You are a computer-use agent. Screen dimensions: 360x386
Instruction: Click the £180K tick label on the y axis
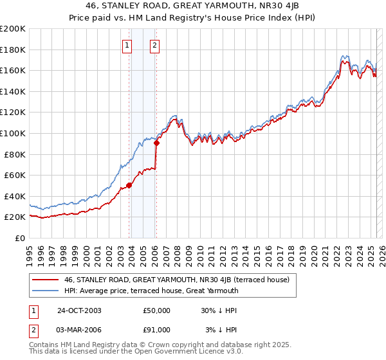point(13,50)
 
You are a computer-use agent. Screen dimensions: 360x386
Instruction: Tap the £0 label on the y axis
point(21,238)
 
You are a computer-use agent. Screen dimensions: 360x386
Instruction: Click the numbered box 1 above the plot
point(127,45)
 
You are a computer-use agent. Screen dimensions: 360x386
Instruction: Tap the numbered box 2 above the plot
point(156,45)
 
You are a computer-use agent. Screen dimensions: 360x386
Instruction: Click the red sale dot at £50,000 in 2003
point(129,185)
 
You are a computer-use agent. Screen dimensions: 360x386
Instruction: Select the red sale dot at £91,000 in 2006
point(156,143)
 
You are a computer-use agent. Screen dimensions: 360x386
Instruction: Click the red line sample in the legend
point(46,280)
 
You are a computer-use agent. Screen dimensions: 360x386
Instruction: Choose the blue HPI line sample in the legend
point(46,291)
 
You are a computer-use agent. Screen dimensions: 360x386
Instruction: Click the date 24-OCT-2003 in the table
point(79,310)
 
